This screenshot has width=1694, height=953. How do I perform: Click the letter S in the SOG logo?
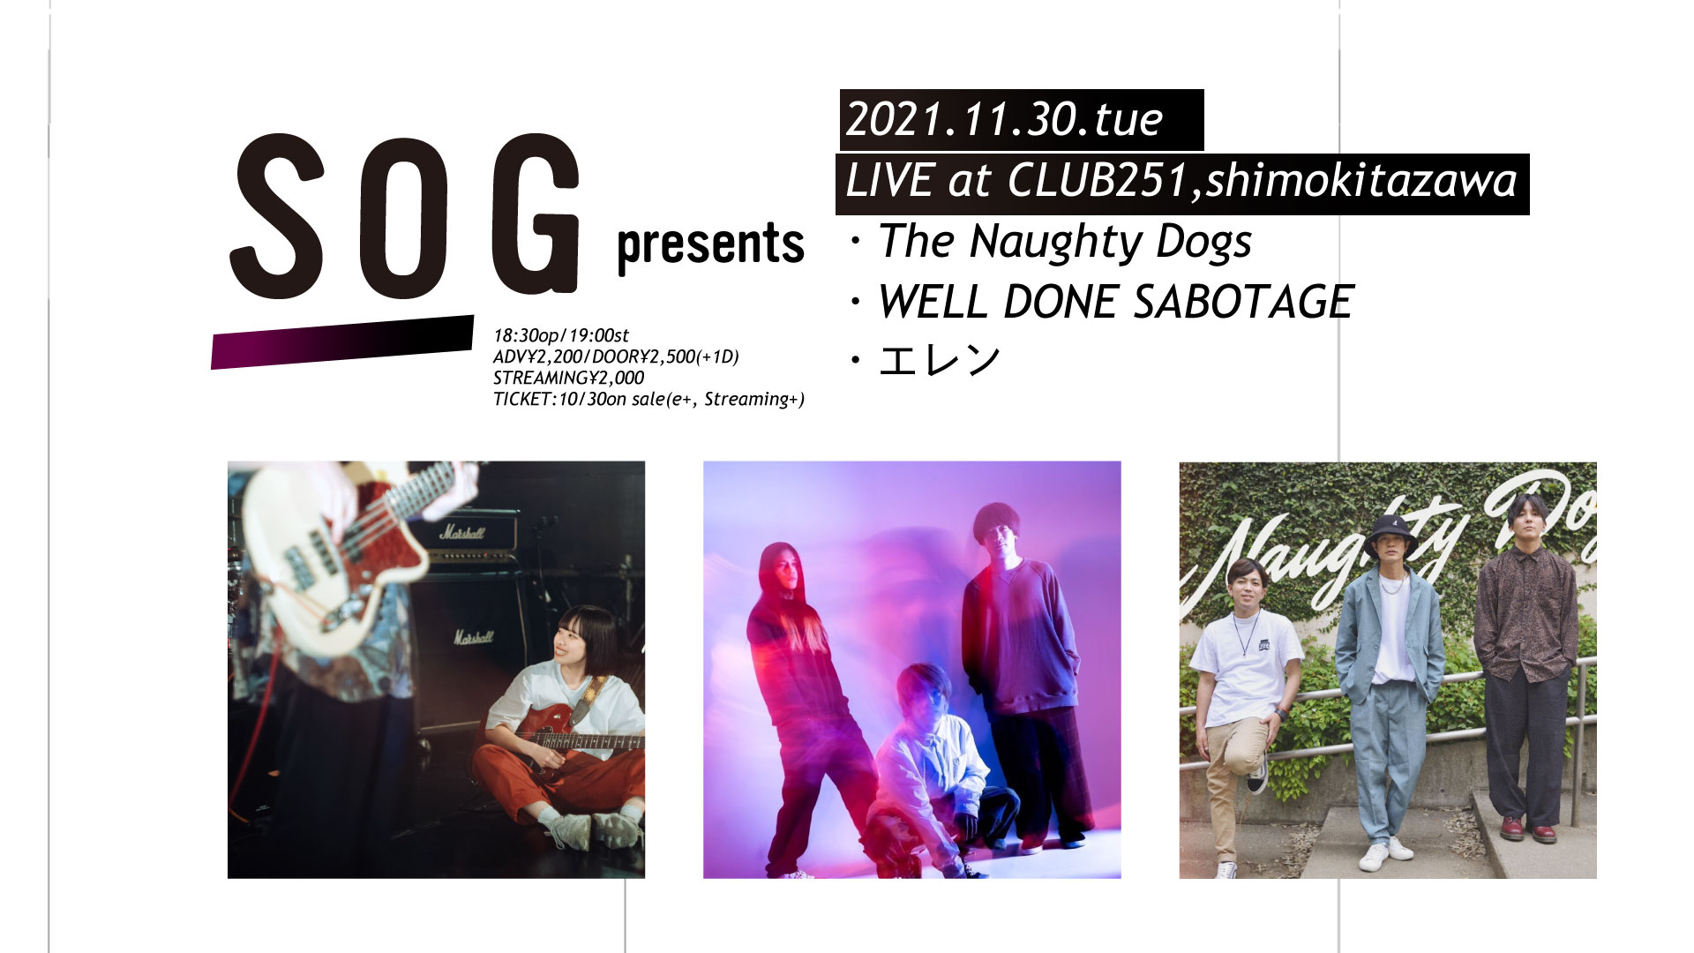pos(278,216)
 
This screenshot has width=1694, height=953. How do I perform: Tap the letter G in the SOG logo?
pos(535,214)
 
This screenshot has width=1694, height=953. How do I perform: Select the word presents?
pos(711,246)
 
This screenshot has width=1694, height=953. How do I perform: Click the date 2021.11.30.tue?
pos(1005,119)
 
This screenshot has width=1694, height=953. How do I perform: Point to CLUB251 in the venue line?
pos(1100,181)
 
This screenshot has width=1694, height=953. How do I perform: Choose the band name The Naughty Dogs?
pos(1065,242)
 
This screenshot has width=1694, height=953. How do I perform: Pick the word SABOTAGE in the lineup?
pos(1242,302)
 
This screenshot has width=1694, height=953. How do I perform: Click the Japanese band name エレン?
pos(940,360)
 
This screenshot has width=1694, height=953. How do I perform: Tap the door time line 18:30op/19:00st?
pos(561,335)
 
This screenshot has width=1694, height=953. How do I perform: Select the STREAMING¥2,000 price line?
pos(568,378)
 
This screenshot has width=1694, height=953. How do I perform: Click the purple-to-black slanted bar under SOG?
pos(342,341)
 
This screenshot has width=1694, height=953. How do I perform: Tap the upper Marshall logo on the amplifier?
pos(462,532)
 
